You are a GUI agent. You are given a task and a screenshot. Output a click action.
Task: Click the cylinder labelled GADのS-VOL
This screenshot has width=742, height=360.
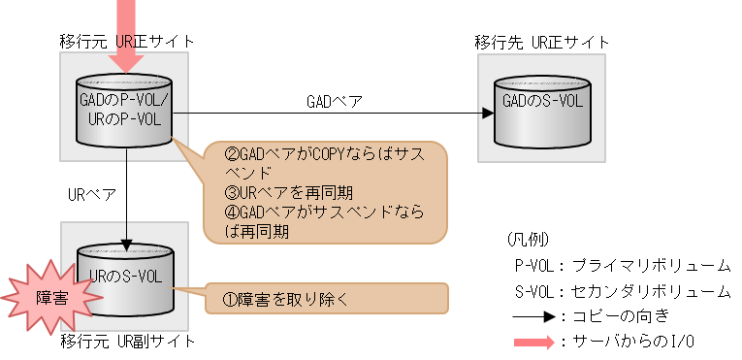542,107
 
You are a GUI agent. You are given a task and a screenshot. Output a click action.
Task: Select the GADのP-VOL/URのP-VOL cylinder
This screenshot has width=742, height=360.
124,109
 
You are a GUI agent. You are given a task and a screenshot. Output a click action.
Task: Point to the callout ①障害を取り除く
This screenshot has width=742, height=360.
326,299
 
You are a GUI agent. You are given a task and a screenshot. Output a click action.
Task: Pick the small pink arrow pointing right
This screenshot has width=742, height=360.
533,343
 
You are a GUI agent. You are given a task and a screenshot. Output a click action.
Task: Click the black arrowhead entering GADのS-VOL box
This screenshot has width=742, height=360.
488,113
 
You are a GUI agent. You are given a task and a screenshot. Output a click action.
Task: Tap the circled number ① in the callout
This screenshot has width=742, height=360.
216,299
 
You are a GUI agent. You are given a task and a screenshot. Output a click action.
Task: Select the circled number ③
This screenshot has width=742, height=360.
216,192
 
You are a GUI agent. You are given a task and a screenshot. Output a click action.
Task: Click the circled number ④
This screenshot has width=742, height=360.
216,213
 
